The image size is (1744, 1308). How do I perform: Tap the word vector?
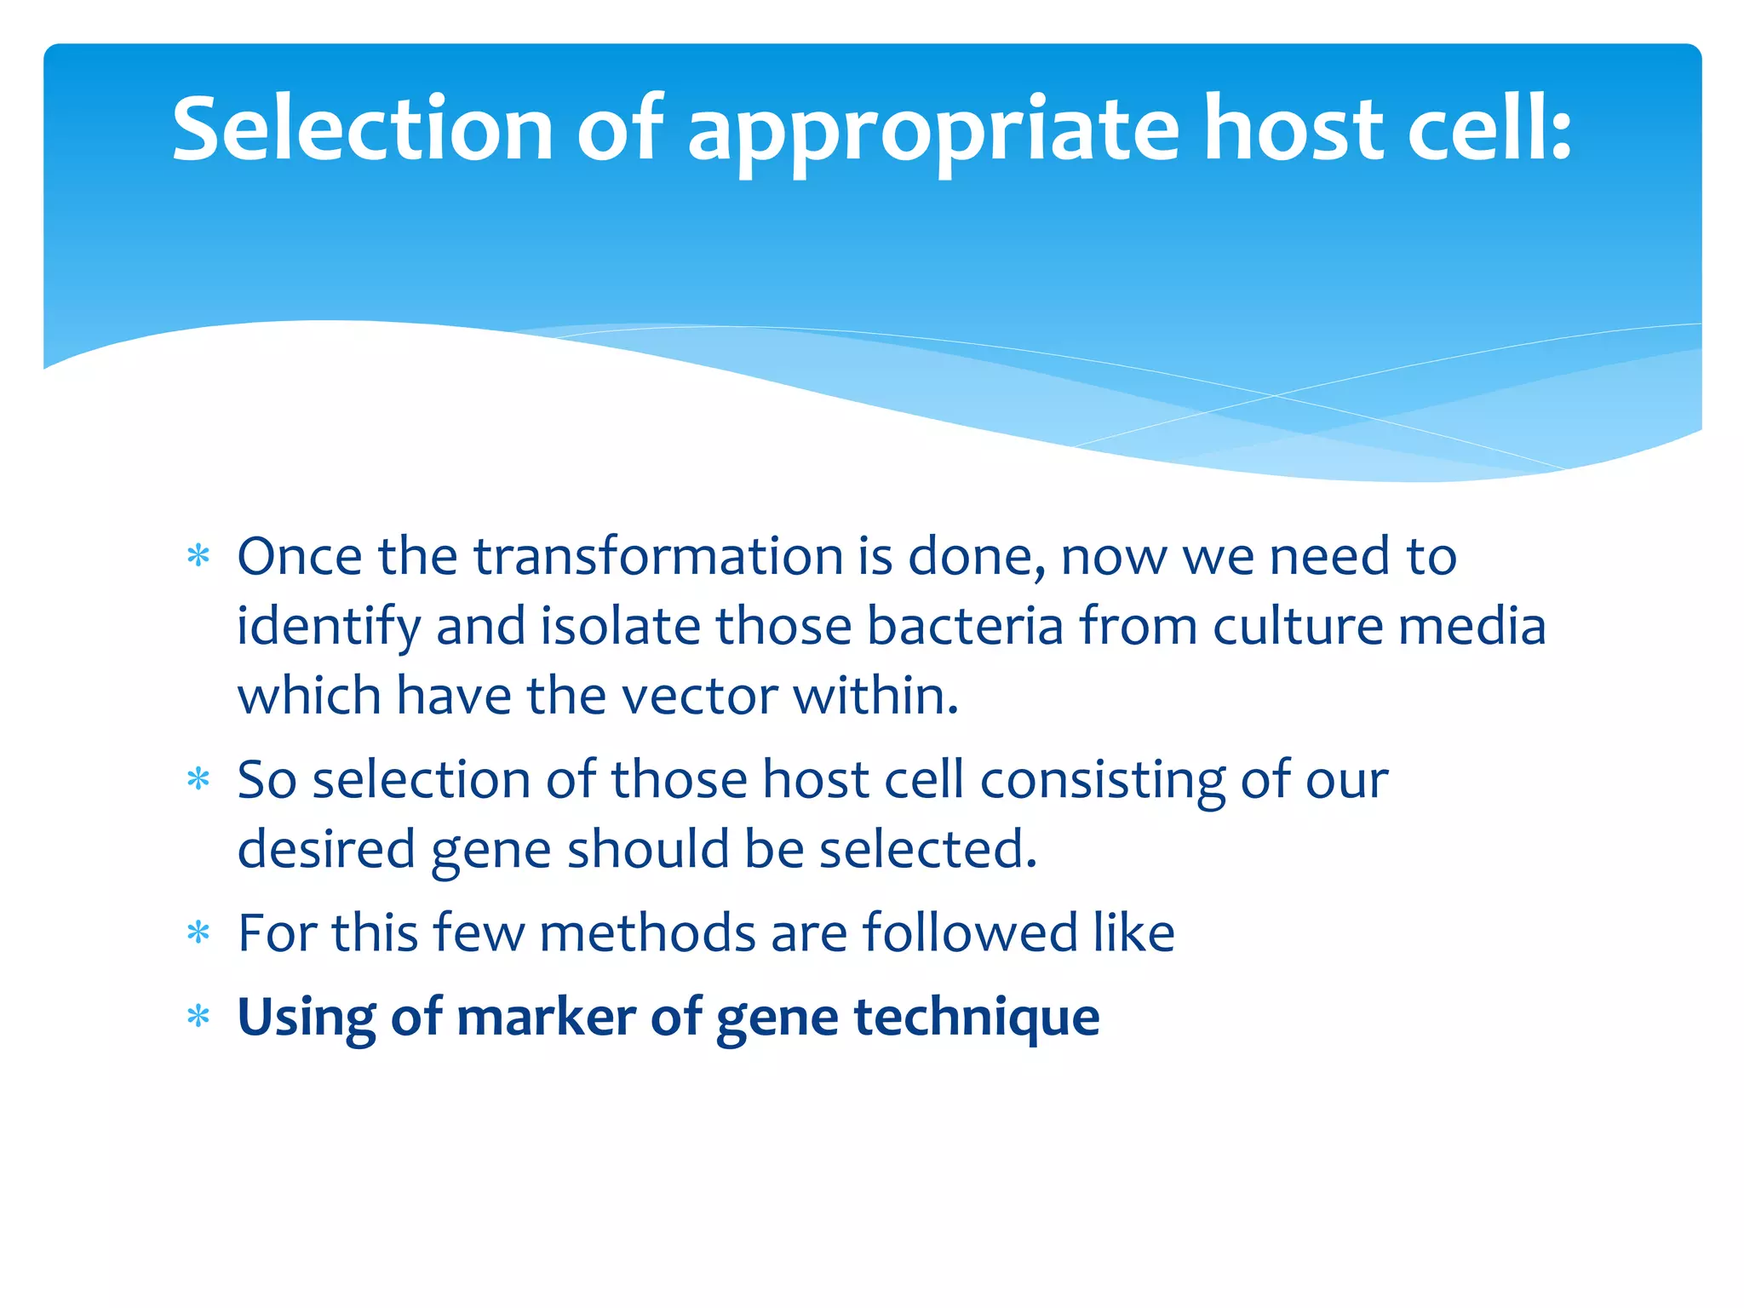click(699, 696)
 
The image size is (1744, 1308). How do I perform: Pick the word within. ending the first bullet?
click(876, 696)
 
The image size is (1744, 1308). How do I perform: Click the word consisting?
click(1102, 781)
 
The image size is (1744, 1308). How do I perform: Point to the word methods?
click(647, 932)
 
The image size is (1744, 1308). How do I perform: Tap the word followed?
click(970, 932)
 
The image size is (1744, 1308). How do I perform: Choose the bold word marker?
click(546, 1017)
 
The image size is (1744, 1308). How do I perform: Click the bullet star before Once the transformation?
click(198, 556)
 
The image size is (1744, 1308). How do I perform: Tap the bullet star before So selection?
click(198, 779)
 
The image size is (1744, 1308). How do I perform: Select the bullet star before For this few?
click(198, 932)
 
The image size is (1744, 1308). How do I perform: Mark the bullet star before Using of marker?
click(198, 1016)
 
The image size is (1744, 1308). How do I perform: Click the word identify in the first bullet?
click(328, 628)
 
